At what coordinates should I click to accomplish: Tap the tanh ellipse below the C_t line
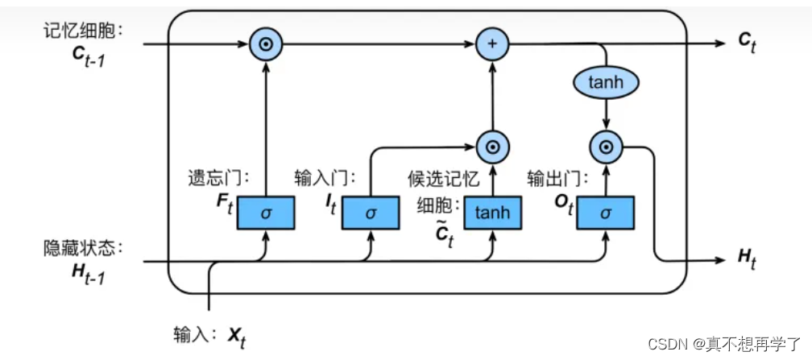607,81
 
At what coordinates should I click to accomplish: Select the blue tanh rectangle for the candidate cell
491,213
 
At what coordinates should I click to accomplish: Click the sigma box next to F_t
267,213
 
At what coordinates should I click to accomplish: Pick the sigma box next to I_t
371,213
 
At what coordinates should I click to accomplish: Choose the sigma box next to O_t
606,213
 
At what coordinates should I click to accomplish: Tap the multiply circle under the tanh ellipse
606,146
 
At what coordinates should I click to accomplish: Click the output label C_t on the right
750,44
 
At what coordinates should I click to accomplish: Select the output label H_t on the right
749,258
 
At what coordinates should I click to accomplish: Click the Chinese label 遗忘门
212,177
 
